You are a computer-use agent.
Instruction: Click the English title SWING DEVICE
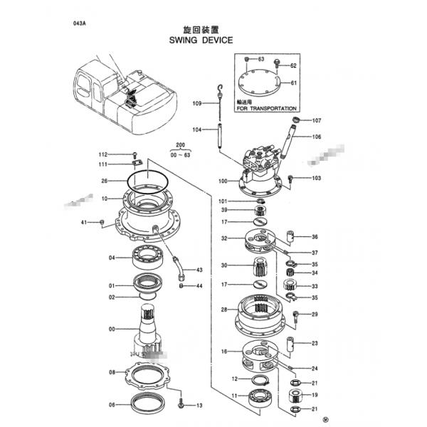tap(201, 41)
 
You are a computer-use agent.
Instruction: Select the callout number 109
tap(197, 104)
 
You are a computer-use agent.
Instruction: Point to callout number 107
tap(317, 120)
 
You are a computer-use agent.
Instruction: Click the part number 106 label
tap(317, 137)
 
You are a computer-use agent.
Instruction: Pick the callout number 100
tap(223, 181)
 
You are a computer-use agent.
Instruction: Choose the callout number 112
tap(102, 154)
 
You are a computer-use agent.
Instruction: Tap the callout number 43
tap(199, 270)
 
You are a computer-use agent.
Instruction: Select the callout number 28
tap(223, 310)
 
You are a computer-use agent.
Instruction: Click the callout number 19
tap(315, 394)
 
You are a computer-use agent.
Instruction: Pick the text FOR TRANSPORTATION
tap(268, 108)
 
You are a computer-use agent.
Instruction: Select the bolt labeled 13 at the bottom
tap(181, 403)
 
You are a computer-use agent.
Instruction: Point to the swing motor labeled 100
tap(260, 167)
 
